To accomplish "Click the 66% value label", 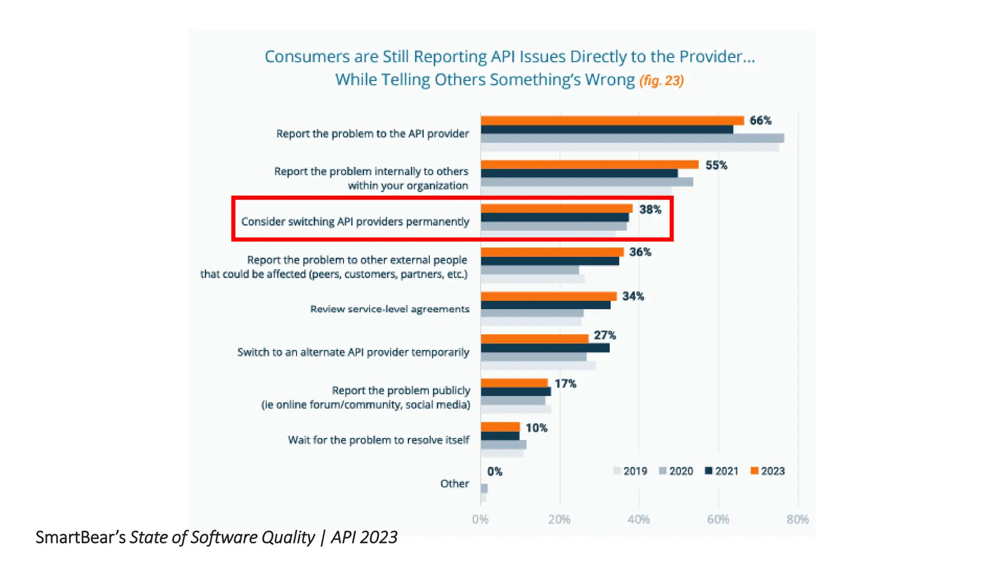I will pyautogui.click(x=760, y=121).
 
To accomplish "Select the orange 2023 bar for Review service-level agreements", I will pyautogui.click(x=548, y=296).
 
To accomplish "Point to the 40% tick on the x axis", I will pyautogui.click(x=638, y=519).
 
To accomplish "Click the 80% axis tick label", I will pyautogui.click(x=797, y=519).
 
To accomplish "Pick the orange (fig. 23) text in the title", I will pyautogui.click(x=661, y=80).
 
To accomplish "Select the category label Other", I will pyautogui.click(x=454, y=484).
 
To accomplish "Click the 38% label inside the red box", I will pyautogui.click(x=650, y=210).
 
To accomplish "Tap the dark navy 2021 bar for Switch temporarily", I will pyautogui.click(x=545, y=348).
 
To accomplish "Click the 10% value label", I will pyautogui.click(x=536, y=428).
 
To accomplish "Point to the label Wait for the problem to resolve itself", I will pyautogui.click(x=378, y=440).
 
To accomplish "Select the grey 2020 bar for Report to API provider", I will pyautogui.click(x=632, y=138).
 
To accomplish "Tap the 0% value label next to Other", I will pyautogui.click(x=495, y=472).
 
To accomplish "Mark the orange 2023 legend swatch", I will pyautogui.click(x=754, y=471).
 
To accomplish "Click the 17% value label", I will pyautogui.click(x=565, y=384).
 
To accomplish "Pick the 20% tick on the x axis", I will pyautogui.click(x=559, y=519).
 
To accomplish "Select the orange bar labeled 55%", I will pyautogui.click(x=589, y=164).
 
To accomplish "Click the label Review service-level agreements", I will pyautogui.click(x=390, y=309).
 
